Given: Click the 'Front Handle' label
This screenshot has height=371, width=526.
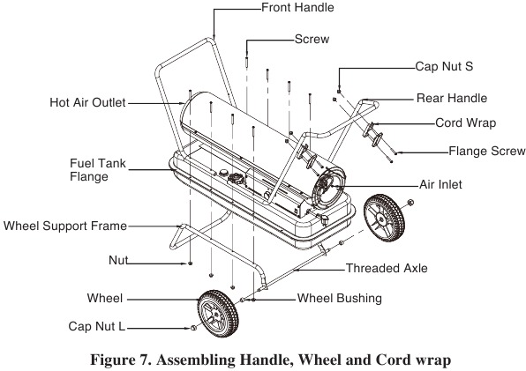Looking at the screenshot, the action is pos(297,7).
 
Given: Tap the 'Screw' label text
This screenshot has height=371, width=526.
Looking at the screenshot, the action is pos(312,39).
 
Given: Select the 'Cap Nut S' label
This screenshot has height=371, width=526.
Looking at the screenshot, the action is pos(444,66).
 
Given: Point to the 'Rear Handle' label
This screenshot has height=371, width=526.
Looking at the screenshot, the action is pos(452,98).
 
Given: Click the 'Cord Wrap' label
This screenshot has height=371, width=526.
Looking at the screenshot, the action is pos(466,122).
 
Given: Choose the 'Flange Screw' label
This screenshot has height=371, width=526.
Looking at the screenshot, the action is pos(487,151).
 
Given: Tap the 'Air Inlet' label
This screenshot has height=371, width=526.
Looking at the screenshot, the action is pos(440,184).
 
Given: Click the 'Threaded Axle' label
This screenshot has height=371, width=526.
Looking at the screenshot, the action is pos(387,268).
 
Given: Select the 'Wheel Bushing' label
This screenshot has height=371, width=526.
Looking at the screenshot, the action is pos(340,299).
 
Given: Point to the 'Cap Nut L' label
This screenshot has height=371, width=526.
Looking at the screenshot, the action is pos(96,326).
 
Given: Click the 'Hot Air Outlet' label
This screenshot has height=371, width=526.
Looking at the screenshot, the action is pos(87,102).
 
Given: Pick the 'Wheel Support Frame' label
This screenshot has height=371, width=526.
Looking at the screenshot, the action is pos(65,226).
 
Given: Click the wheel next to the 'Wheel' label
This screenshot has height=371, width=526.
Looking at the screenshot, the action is pos(218,314).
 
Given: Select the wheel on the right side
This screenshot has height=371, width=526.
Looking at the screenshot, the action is pos(384,218).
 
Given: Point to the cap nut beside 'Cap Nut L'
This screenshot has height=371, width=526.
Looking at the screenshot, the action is pos(193,328).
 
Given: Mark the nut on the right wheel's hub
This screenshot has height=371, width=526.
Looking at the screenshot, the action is pos(410,203).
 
